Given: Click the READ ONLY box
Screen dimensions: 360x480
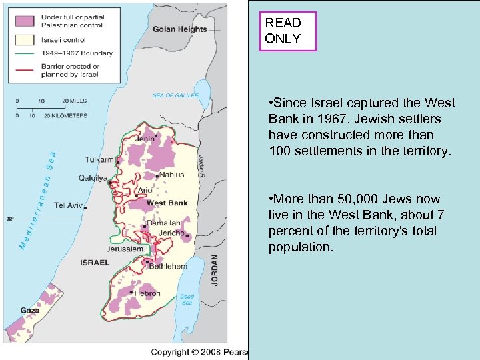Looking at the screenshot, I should point(288,31).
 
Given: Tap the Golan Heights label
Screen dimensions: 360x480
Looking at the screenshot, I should point(179,29).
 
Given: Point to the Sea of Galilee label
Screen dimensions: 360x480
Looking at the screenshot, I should point(175,95).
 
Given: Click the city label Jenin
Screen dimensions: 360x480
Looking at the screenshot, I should point(145,139).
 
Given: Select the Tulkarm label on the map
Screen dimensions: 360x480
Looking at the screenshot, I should point(99,160).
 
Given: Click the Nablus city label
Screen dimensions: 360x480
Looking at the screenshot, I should point(171,175).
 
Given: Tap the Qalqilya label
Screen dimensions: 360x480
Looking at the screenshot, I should point(93,178).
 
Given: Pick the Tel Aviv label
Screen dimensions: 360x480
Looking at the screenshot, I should point(68,205).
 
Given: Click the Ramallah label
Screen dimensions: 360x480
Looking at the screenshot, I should point(163,223).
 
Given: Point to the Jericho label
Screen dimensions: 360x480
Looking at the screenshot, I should point(172,233).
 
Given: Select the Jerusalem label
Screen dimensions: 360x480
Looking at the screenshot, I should point(125,249).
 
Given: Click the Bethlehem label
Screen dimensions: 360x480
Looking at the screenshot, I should point(167,267).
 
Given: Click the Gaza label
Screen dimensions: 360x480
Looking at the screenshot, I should point(29,311).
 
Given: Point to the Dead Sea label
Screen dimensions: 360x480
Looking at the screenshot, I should point(187,299).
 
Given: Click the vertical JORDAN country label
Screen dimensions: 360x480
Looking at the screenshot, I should point(215,270).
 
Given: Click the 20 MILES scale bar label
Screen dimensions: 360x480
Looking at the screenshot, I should point(74,101).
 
